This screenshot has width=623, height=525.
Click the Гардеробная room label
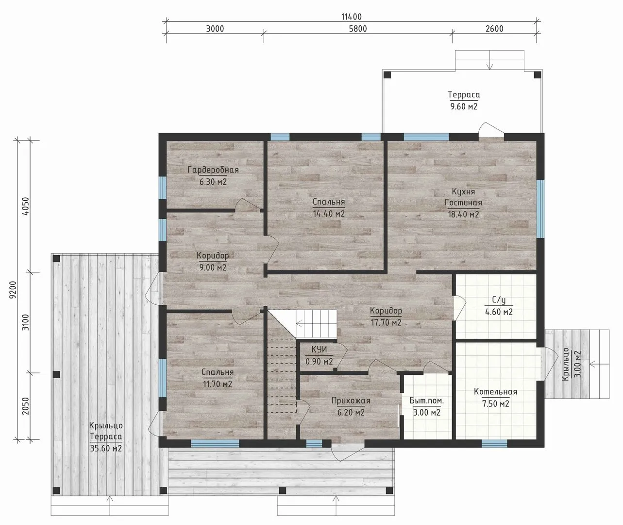[x=213, y=170]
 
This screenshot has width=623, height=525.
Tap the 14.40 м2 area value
[x=329, y=213]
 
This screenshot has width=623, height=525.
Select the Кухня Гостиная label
[x=463, y=197]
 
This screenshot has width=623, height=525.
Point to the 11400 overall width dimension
[x=352, y=17]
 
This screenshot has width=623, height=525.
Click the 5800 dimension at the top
[x=358, y=29]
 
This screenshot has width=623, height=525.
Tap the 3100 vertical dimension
[x=26, y=322]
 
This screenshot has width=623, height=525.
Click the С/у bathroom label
[x=499, y=300]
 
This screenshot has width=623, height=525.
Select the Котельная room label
[x=496, y=391]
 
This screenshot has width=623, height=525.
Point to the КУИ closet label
[x=319, y=350]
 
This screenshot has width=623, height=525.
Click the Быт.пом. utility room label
[x=427, y=401]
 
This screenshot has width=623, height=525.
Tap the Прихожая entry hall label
[x=351, y=401]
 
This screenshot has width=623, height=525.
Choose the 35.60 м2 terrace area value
[x=106, y=448]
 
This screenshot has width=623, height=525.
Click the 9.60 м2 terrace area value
[x=464, y=106]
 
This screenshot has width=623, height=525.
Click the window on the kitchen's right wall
[x=540, y=209]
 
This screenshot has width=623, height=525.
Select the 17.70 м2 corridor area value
[x=386, y=322]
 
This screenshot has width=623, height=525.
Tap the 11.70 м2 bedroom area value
[x=217, y=384]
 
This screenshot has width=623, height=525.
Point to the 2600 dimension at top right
[x=494, y=29]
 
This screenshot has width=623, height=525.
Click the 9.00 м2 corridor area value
[x=213, y=267]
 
